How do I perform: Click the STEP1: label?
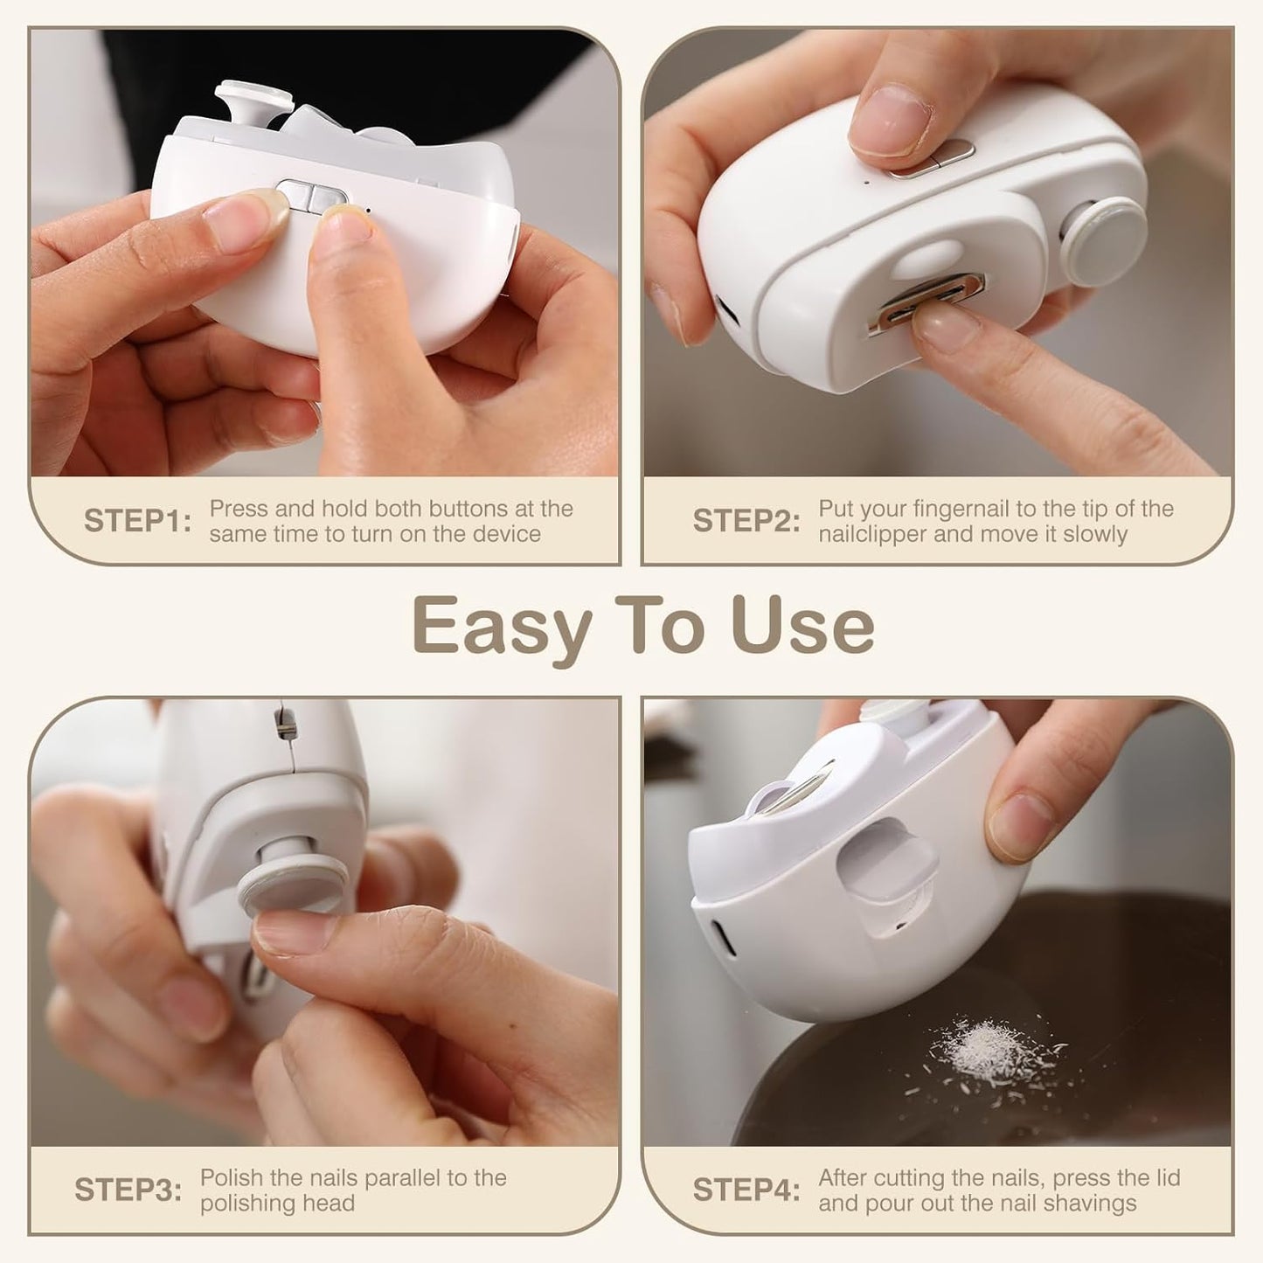(137, 521)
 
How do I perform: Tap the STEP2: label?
(746, 521)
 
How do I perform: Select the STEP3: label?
(128, 1190)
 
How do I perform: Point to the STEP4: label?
(746, 1190)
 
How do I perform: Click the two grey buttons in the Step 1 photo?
(311, 197)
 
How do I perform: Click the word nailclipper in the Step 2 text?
(872, 534)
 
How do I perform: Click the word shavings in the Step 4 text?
(1093, 1203)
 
